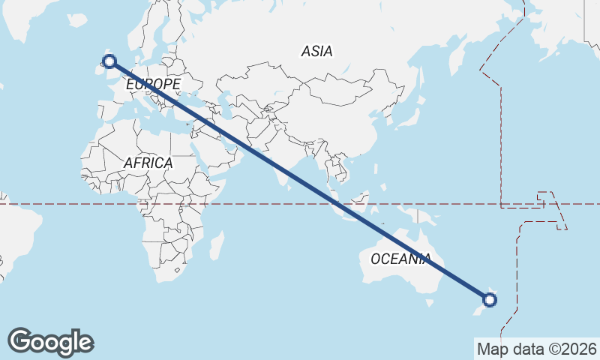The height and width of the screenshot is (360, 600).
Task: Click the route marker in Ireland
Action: tap(109, 61)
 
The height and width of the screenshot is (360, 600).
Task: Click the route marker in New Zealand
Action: tap(490, 300)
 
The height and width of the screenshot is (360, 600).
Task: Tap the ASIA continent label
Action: tap(316, 52)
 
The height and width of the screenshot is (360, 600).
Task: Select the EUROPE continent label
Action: tap(153, 85)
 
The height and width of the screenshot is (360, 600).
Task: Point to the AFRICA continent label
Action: tap(148, 163)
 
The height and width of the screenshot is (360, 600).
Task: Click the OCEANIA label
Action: tap(400, 259)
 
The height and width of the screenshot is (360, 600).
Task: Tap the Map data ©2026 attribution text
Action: tap(536, 349)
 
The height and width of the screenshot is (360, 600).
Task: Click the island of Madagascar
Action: tap(216, 245)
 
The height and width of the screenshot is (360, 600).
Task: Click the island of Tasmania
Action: tap(430, 303)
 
